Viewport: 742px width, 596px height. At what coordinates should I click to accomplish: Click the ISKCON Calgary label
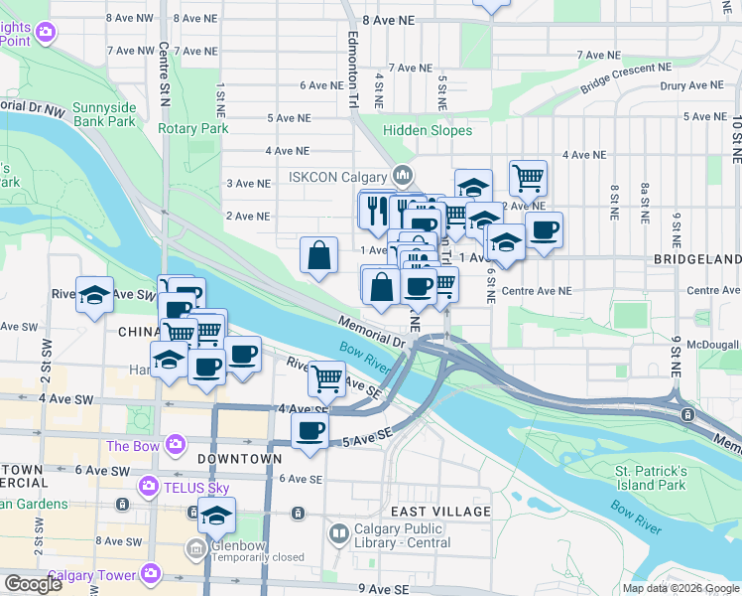336,177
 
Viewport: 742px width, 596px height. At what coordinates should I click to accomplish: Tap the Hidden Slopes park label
428,130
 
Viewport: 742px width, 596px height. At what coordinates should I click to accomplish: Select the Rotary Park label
192,128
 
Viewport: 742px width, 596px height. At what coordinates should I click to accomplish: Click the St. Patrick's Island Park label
650,477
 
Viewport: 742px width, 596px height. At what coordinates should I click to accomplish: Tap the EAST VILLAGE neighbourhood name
440,511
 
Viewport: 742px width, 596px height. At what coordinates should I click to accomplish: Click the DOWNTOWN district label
239,459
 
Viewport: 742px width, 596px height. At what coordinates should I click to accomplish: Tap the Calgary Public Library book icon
338,534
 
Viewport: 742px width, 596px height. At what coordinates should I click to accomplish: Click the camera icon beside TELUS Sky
149,487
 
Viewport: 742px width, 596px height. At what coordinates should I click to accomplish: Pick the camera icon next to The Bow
176,444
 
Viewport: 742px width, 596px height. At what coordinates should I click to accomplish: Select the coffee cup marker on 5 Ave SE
310,431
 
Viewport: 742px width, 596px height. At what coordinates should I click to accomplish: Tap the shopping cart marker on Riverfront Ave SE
325,376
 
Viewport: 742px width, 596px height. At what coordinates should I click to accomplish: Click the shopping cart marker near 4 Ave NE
528,178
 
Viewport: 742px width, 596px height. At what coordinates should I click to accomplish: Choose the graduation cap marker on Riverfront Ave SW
95,295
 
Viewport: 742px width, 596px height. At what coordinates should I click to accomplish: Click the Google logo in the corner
34,584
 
